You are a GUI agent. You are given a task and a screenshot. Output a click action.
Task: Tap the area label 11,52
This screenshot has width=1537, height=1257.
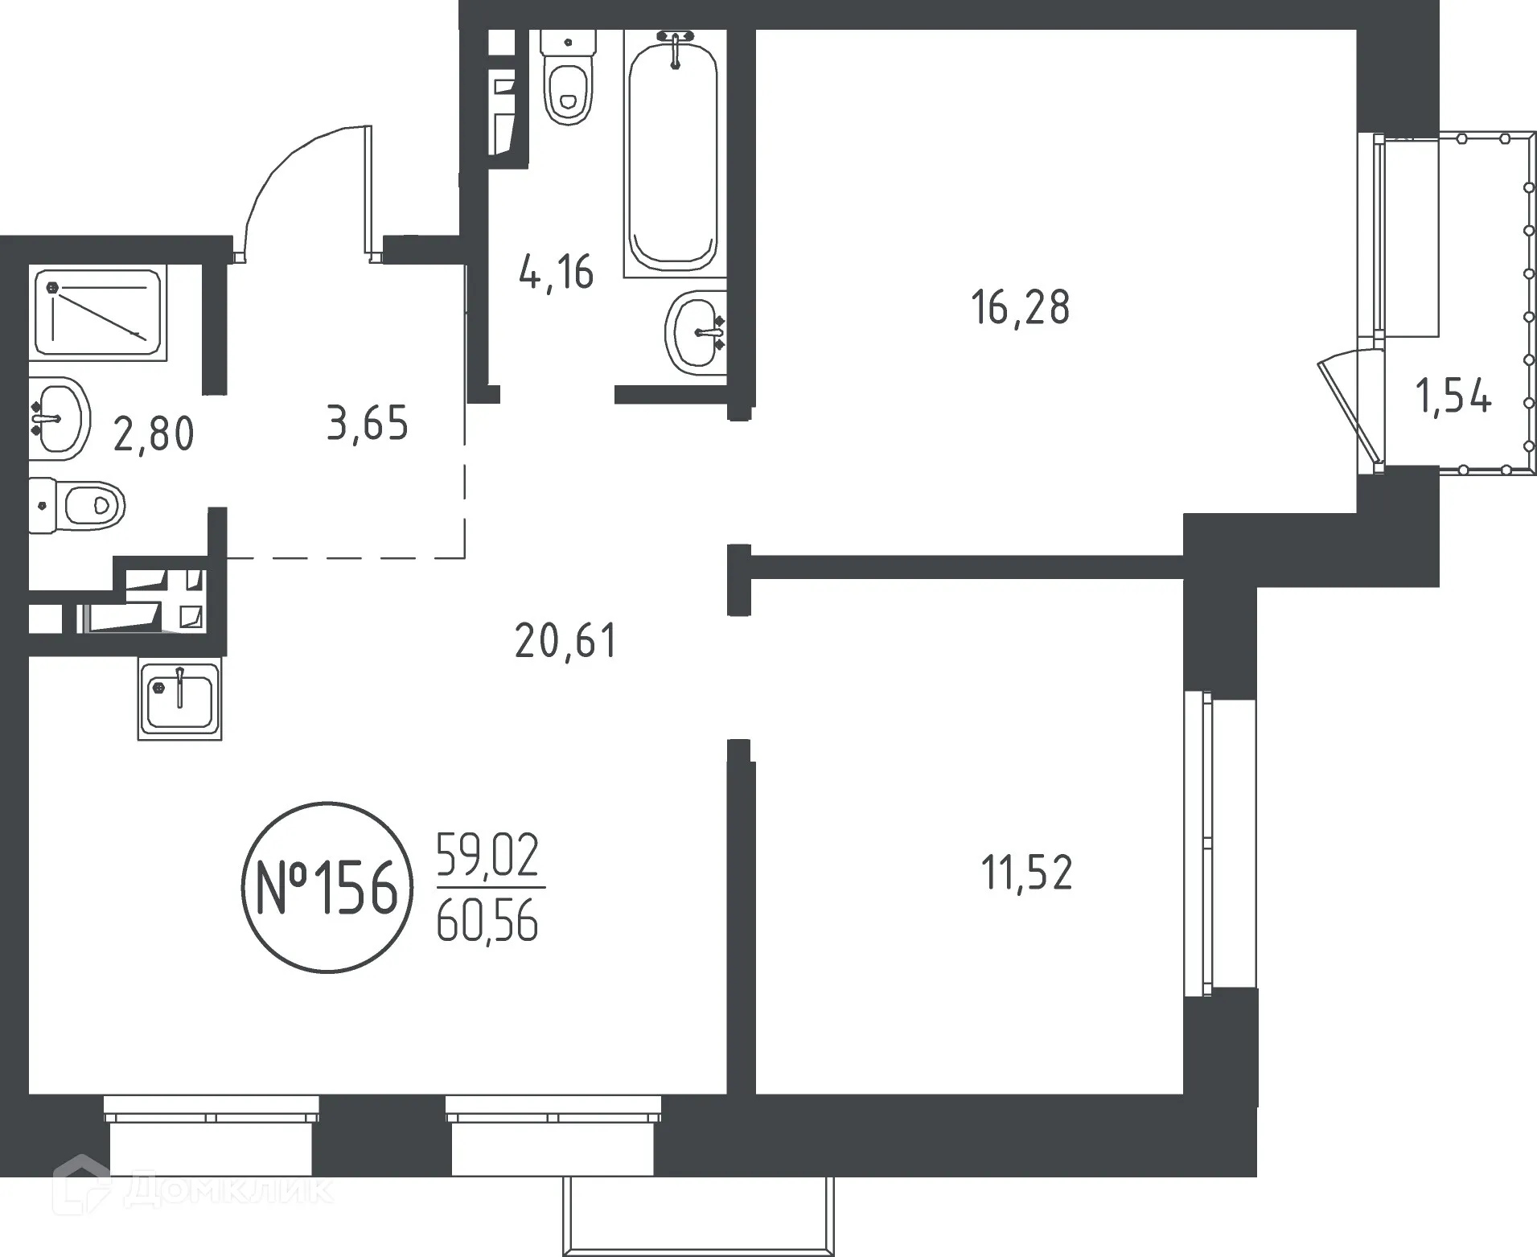(1026, 873)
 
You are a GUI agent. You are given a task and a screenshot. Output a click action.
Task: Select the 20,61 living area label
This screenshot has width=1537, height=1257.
(565, 642)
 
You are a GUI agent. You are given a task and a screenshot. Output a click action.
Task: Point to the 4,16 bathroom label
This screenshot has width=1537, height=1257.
(557, 272)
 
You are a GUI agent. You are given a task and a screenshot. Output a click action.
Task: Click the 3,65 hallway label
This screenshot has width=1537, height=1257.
(368, 424)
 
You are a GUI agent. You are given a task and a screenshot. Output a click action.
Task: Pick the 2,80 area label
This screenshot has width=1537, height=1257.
(154, 434)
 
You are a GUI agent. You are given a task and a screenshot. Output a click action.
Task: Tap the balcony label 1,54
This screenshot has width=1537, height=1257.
(1453, 397)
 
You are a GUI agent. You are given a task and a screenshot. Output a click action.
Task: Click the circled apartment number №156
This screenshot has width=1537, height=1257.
(327, 888)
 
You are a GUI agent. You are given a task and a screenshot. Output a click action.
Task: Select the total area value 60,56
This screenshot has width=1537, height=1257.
(487, 921)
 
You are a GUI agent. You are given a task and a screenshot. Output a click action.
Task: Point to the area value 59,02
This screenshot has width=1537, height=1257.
(487, 856)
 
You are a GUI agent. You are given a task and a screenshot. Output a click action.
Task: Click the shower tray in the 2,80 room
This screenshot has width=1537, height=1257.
(98, 312)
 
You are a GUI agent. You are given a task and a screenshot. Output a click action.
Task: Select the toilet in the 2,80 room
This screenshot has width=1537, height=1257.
(78, 505)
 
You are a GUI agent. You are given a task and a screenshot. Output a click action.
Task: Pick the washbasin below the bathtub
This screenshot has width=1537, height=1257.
(695, 331)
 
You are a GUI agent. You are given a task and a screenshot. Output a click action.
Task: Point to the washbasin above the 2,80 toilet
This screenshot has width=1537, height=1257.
(59, 418)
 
